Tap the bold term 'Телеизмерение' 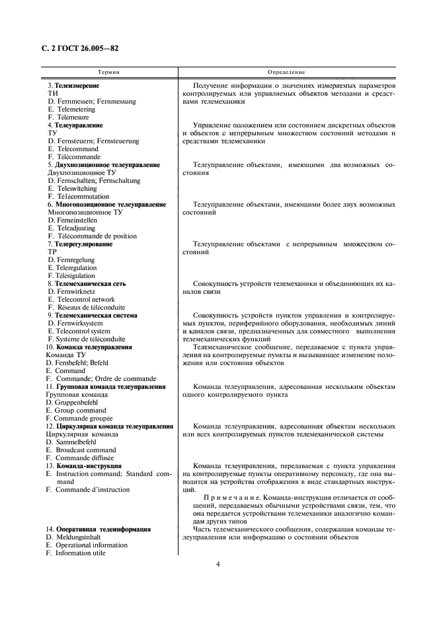point(77,86)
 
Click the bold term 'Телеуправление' point(78,125)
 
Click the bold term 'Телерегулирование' point(83,244)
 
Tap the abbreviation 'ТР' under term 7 point(53,252)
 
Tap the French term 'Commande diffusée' point(85,458)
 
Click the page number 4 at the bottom point(218,565)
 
